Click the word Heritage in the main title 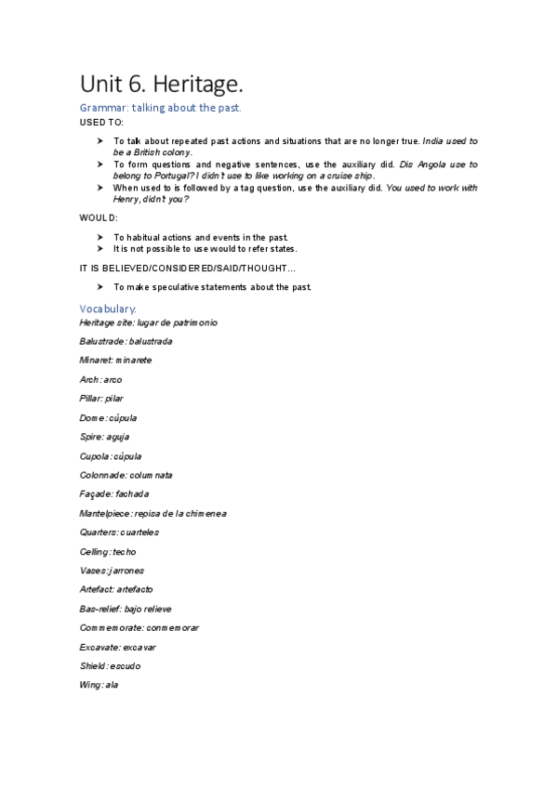coord(199,85)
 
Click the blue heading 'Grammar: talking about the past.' coord(160,109)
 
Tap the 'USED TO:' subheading coord(101,122)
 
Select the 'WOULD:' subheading coord(99,217)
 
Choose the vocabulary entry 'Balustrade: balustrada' coord(126,341)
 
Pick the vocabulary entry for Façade coord(114,493)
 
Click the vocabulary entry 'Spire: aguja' coord(104,436)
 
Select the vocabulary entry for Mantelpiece coord(153,513)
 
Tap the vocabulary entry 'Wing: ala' coord(99,685)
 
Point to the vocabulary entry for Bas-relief coord(126,609)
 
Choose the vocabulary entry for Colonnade coord(126,475)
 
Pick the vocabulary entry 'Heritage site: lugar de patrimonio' coord(149,322)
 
